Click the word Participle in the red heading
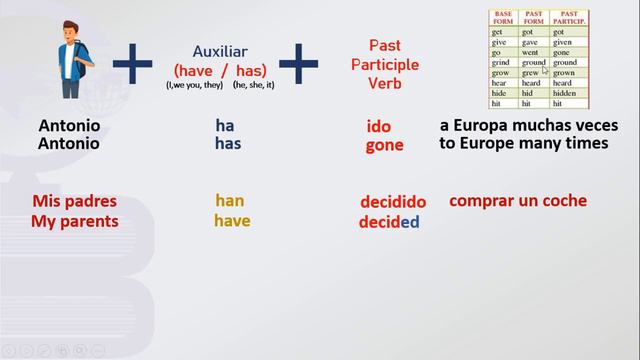click(x=385, y=63)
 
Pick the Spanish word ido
click(x=379, y=127)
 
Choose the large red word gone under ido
click(x=384, y=145)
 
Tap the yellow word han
click(x=229, y=201)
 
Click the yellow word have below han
click(x=232, y=221)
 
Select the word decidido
click(x=393, y=203)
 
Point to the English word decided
click(x=389, y=222)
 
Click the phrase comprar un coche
click(x=518, y=200)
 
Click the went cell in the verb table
click(x=533, y=52)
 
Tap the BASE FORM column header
click(x=502, y=18)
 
